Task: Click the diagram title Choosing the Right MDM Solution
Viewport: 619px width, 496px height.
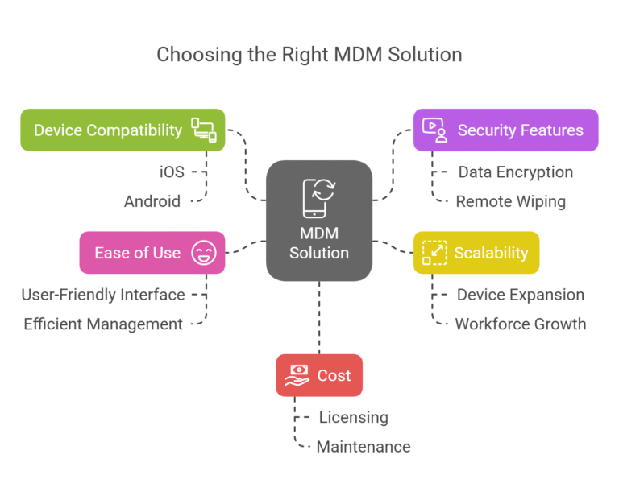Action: point(309,55)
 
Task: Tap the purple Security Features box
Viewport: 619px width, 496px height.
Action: point(505,130)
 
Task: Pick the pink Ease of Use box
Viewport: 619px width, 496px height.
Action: point(152,253)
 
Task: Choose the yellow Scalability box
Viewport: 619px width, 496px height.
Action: point(476,253)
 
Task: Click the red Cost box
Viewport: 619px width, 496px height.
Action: point(319,375)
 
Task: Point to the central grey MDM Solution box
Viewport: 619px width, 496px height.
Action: point(319,221)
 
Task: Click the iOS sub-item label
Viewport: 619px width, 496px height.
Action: point(172,172)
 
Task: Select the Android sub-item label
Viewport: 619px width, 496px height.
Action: point(152,201)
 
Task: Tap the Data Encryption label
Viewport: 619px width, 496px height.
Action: point(516,172)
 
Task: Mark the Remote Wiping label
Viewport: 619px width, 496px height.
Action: point(511,201)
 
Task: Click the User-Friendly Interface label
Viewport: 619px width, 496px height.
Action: point(103,295)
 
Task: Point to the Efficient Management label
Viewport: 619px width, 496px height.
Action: point(103,324)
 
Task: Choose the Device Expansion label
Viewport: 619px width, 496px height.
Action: point(521,295)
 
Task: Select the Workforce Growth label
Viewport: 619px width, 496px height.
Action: point(521,324)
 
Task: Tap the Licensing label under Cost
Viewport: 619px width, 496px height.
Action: point(353,417)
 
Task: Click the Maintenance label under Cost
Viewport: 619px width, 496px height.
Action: point(364,446)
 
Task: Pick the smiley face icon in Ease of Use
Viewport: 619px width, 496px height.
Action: point(203,253)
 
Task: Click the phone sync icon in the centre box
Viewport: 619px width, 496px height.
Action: point(318,197)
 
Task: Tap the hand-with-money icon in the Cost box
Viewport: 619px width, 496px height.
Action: point(298,375)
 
